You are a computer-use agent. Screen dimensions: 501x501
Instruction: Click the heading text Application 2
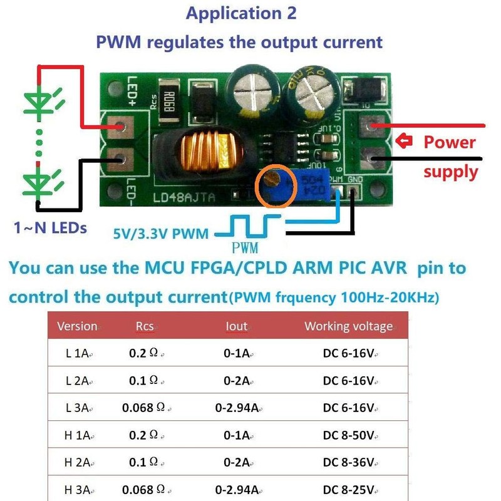241,13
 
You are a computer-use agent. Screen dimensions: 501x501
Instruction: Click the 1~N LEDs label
50,228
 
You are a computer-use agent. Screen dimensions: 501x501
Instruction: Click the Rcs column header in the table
145,326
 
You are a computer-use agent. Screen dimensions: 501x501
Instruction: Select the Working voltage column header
348,326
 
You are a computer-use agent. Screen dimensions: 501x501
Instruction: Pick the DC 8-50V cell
349,435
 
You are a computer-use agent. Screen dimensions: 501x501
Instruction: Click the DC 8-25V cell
349,489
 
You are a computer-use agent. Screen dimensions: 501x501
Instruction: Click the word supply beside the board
450,171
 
